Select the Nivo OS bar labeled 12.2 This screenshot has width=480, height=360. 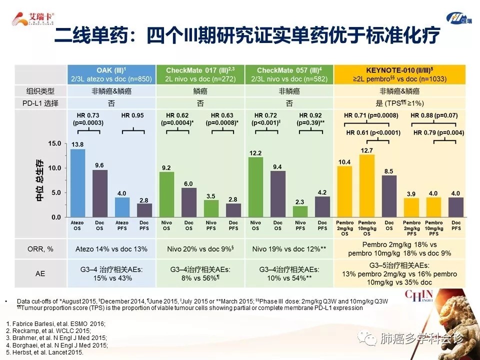(255, 187)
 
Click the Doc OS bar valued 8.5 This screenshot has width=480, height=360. (389, 196)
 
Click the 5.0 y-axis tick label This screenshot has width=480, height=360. (55, 193)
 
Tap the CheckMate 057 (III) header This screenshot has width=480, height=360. (288, 70)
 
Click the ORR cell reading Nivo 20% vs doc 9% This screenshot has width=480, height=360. (200, 248)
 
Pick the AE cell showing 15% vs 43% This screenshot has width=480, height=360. (111, 277)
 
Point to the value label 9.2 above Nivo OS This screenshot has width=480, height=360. (166, 167)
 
